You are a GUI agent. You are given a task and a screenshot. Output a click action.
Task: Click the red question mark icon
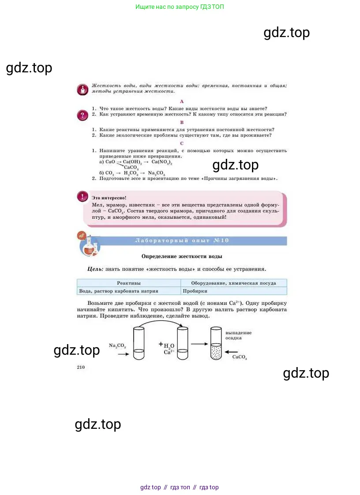[x=82, y=115]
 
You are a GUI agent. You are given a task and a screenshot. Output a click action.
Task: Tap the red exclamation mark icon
[x=82, y=196]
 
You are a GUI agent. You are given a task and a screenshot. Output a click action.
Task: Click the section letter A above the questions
[x=182, y=101]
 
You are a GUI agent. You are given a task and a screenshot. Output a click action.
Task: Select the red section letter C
[x=182, y=143]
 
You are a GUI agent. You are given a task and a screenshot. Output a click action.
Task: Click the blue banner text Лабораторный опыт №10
[x=182, y=240]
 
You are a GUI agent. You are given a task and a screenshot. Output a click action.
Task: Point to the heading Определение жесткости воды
[x=182, y=256]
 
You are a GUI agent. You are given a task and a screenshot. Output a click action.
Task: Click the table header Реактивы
[x=128, y=283]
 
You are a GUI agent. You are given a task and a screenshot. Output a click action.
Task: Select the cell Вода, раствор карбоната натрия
[x=118, y=291]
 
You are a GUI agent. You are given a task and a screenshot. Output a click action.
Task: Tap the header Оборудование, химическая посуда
[x=233, y=283]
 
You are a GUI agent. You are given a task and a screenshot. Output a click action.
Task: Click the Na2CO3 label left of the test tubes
[x=117, y=346]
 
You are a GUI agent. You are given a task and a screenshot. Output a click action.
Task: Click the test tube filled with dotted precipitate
[x=216, y=343]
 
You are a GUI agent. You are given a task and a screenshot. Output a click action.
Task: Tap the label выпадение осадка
[x=238, y=335]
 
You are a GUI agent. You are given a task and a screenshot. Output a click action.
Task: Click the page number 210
[x=81, y=367]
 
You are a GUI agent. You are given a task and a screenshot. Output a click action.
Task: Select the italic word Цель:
[x=95, y=269]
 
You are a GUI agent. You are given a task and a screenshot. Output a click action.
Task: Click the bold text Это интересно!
[x=109, y=198]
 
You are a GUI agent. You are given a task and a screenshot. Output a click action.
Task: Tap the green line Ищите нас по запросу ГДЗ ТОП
[x=180, y=7]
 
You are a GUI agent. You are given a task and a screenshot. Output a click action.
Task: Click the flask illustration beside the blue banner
[x=89, y=246]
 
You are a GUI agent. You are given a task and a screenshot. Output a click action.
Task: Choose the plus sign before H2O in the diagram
[x=161, y=344]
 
